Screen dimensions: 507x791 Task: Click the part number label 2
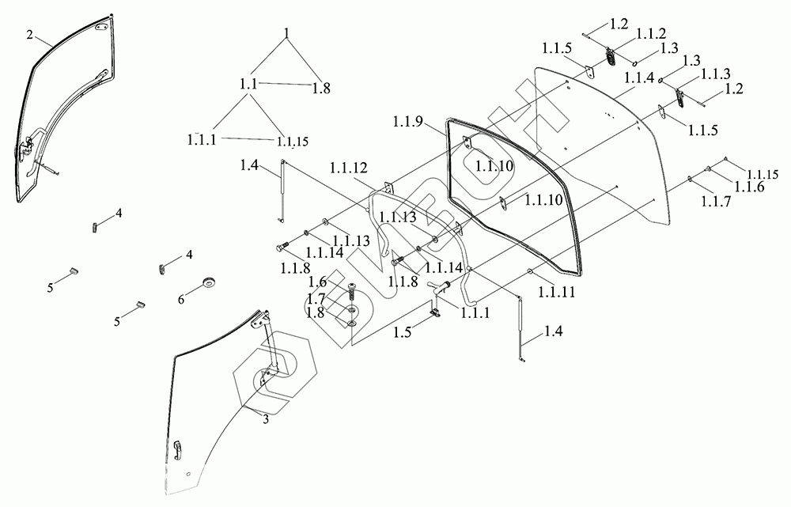click(x=30, y=35)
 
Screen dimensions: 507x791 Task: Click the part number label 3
click(x=266, y=419)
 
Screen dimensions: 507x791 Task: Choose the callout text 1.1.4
click(x=638, y=78)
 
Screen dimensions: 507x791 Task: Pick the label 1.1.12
click(x=349, y=168)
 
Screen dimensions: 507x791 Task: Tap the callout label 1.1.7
click(x=714, y=202)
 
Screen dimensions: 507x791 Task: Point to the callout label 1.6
click(x=317, y=282)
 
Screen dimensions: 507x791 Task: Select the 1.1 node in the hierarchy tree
click(x=248, y=82)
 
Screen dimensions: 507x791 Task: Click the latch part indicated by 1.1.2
click(x=611, y=55)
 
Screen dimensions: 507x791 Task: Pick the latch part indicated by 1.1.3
click(x=679, y=96)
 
